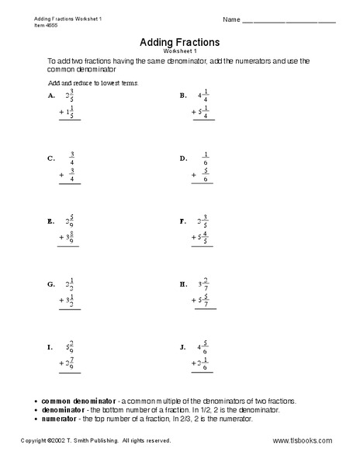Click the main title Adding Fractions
coord(180,42)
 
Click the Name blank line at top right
coord(289,20)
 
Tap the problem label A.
coord(51,96)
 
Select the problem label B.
coord(183,96)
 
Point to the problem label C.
coord(51,158)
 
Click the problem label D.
coord(184,158)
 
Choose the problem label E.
coord(51,221)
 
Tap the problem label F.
coord(183,221)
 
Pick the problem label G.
coord(51,284)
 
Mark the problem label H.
coord(184,284)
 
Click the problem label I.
coord(50,347)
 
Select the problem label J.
coord(183,347)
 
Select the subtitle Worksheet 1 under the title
coord(180,51)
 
